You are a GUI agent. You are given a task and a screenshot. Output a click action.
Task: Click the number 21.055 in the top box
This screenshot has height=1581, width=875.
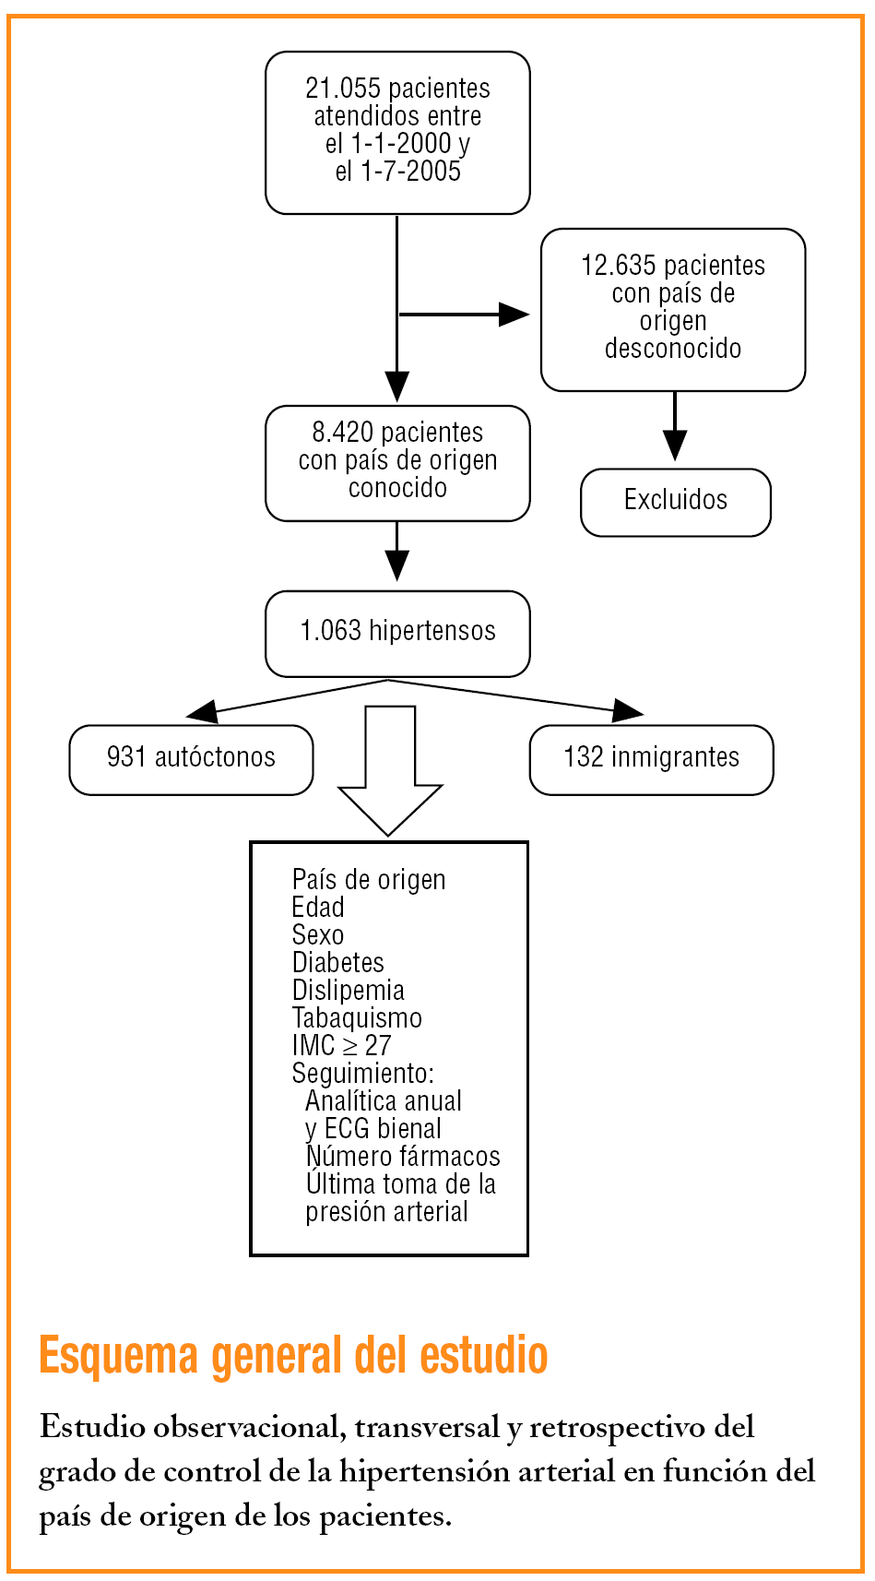[x=343, y=89]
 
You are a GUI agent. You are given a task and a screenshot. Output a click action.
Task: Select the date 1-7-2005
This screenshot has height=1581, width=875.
[x=410, y=172]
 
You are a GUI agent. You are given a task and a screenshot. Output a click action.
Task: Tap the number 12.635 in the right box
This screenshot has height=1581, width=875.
[x=618, y=266]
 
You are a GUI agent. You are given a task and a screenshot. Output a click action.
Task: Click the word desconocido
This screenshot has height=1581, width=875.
[x=673, y=349]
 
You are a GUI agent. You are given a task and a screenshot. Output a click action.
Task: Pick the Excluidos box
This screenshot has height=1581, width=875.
[x=676, y=501]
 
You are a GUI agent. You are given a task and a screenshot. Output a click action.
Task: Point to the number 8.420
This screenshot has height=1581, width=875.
[x=343, y=433]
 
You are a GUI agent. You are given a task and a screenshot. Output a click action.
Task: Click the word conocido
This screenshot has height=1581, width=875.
[x=397, y=488]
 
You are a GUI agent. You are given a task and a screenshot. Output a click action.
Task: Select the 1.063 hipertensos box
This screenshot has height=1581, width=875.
[x=397, y=632]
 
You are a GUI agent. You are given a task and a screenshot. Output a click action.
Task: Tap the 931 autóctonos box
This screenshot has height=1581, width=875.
[x=191, y=758]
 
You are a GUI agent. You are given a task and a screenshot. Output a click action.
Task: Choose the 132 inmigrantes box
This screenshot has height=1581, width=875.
[x=651, y=758]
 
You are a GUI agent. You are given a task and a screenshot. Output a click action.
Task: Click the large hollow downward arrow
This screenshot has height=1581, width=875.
[x=390, y=775]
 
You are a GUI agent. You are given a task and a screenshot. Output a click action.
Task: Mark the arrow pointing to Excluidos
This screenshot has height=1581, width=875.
[x=675, y=429]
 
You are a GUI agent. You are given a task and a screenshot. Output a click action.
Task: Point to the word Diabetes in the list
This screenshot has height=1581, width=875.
[x=337, y=963]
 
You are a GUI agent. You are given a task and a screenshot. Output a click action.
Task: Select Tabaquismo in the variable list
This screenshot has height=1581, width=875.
[x=357, y=1018]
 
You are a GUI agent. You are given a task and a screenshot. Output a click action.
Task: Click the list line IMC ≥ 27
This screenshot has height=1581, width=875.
[x=341, y=1046]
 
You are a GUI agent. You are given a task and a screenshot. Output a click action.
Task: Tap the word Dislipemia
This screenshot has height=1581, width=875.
[x=348, y=991]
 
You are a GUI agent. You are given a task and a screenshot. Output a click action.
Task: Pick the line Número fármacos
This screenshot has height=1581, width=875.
[x=403, y=1157]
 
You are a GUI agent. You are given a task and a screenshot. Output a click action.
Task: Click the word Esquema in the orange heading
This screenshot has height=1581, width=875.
[x=119, y=1357]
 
